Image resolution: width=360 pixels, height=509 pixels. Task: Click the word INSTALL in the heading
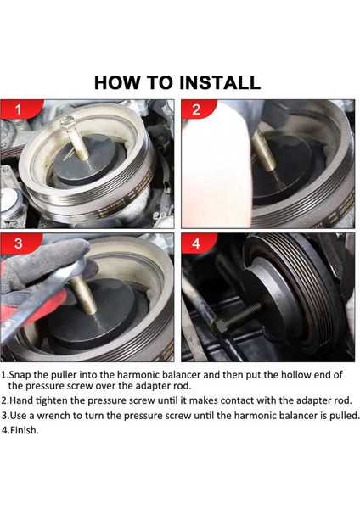point(220,82)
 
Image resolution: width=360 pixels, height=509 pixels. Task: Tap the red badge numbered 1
point(20,109)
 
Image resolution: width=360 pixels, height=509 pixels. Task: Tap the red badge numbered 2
point(197,109)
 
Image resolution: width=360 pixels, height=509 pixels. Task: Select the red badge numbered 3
point(20,243)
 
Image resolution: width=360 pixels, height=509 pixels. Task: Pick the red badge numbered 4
point(197,243)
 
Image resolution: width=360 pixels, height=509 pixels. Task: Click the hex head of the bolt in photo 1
point(68,122)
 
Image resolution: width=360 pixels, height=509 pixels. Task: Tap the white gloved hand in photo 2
point(216,165)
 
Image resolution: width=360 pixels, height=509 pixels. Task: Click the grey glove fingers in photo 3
point(46,260)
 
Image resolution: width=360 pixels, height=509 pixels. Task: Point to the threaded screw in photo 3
point(84,296)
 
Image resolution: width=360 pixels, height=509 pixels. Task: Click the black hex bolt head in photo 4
point(221,327)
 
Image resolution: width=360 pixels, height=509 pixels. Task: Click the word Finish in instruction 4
point(24,430)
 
